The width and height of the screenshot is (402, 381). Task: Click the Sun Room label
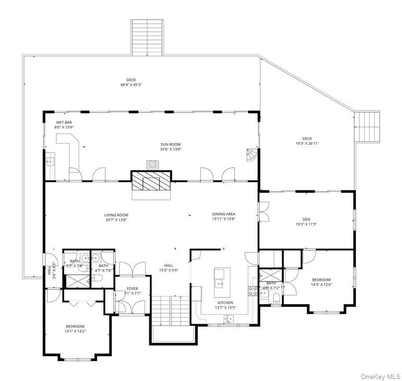[x=170, y=145]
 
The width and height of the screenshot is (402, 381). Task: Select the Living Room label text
[x=116, y=215]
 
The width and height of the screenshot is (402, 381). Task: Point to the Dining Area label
[x=223, y=214]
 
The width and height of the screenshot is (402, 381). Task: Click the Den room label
[x=306, y=219]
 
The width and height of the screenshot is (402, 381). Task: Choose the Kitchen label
[x=226, y=302]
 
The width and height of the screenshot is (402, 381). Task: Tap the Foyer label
[x=132, y=288]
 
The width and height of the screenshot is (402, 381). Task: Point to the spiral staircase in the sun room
[x=251, y=154]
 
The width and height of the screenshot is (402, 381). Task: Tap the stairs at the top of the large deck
[x=147, y=37]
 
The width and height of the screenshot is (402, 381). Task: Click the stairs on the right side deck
[x=368, y=127]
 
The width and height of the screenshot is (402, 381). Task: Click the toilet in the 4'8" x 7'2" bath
[x=276, y=297]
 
